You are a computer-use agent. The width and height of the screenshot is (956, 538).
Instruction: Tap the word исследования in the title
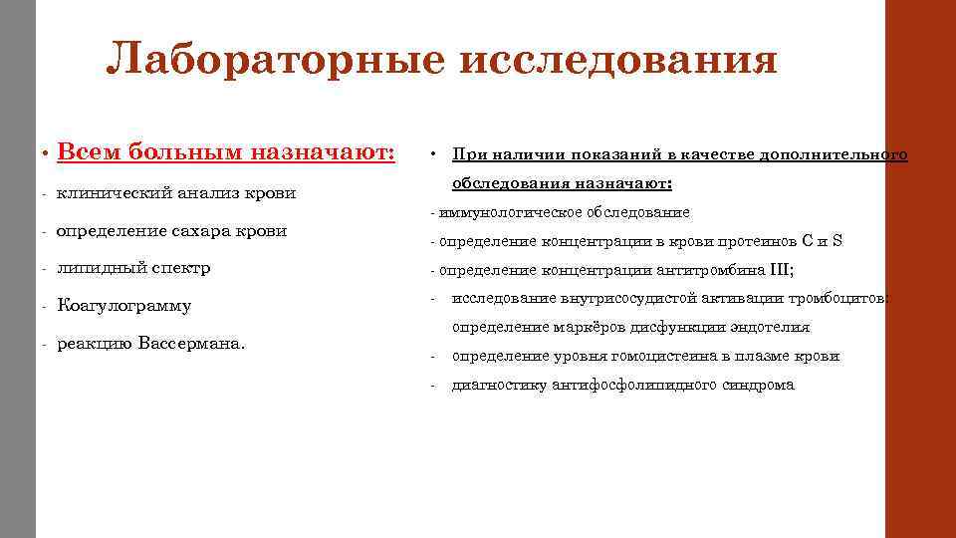(617, 61)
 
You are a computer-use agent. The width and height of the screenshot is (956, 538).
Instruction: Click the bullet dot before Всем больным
(46, 154)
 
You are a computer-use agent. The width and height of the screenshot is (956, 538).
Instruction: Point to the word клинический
(110, 192)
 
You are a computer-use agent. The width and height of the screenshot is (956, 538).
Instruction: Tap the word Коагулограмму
(124, 306)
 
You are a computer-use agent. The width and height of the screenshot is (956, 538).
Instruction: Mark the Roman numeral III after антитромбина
(777, 270)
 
